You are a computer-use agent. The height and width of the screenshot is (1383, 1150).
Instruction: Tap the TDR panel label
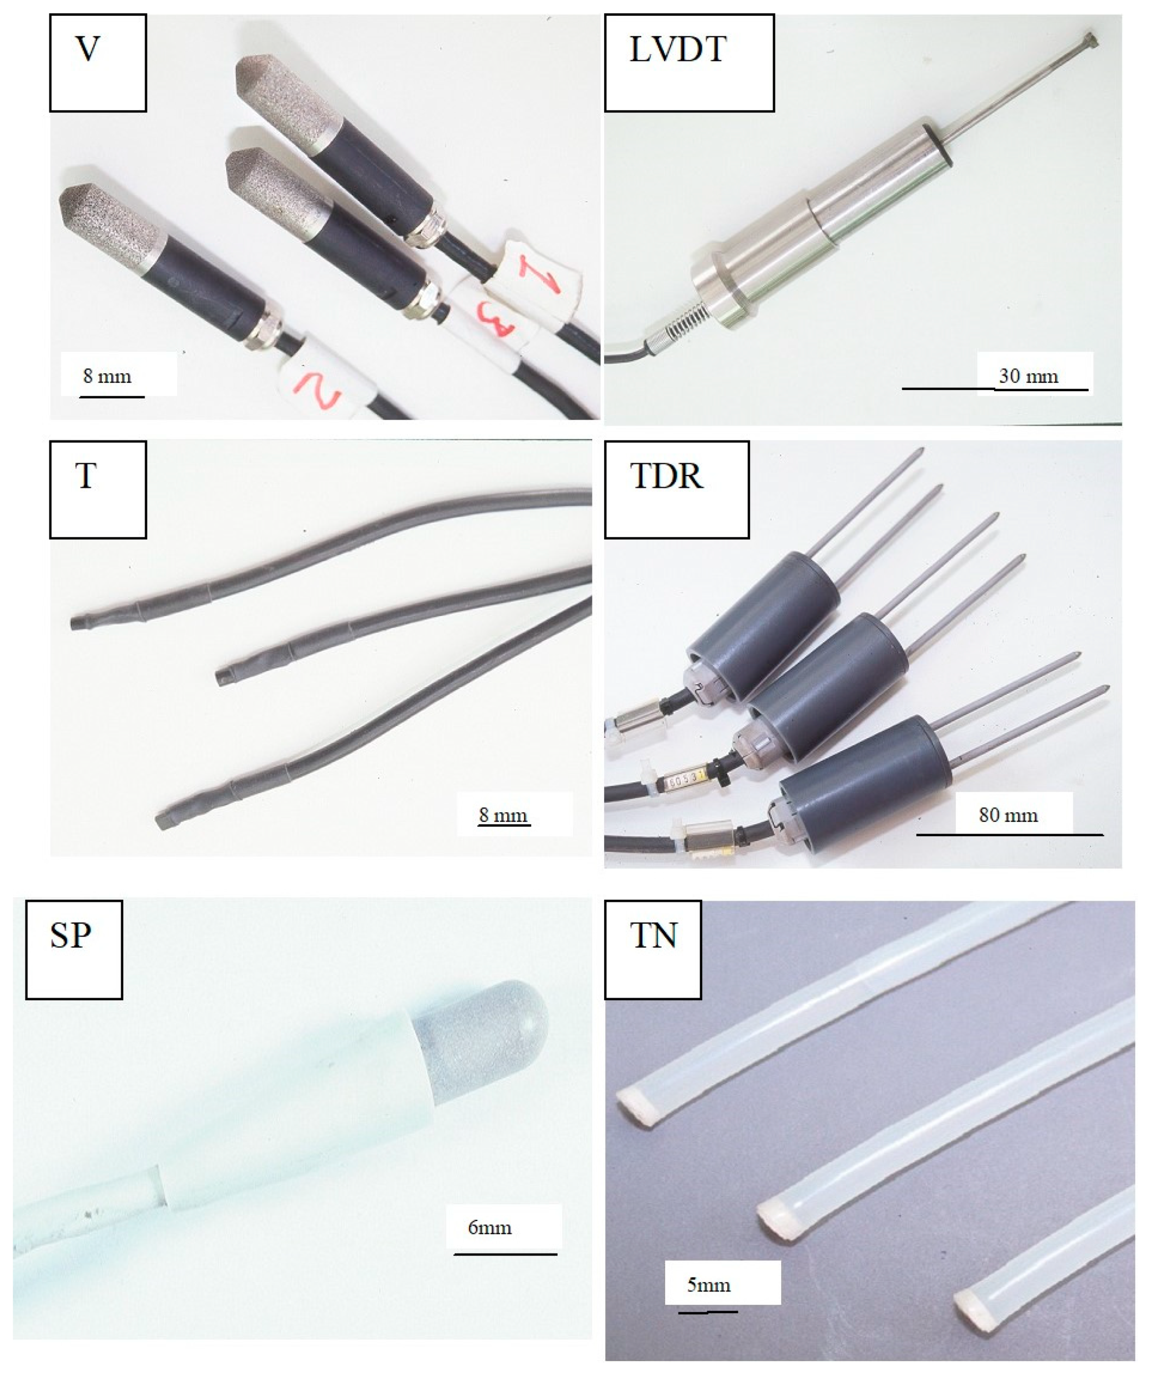(x=666, y=476)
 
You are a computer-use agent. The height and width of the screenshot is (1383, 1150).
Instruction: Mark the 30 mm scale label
(x=1028, y=376)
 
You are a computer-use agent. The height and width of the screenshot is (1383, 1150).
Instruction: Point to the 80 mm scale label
(x=1008, y=815)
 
